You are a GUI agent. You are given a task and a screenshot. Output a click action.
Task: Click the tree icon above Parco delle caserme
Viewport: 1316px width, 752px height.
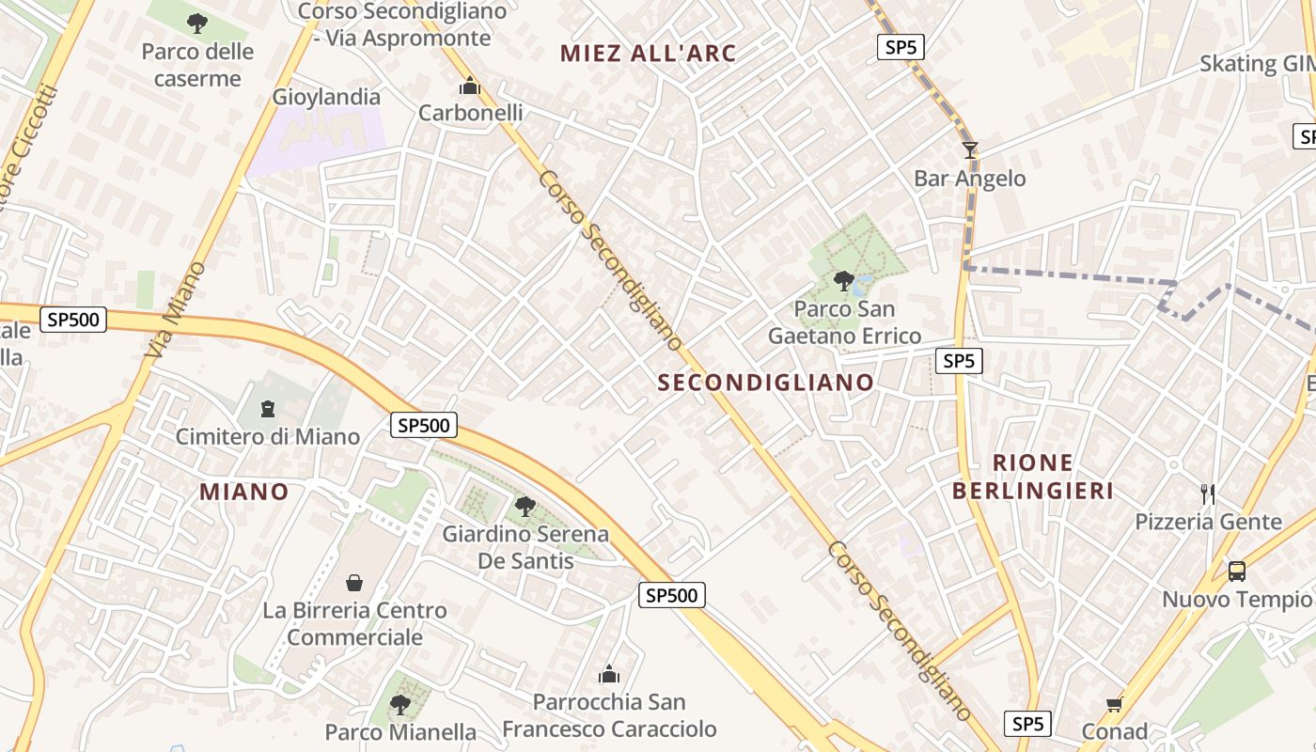point(196,23)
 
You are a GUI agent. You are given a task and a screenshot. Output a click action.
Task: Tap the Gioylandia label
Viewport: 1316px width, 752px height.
point(326,97)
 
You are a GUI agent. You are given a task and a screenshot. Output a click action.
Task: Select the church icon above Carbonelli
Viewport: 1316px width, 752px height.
point(469,87)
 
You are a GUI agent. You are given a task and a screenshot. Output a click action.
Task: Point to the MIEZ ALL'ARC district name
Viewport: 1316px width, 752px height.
point(649,54)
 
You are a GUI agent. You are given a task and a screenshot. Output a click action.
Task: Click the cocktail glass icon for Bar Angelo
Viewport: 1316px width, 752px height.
point(970,150)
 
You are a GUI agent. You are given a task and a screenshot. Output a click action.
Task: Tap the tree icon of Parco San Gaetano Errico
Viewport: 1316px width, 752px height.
point(844,280)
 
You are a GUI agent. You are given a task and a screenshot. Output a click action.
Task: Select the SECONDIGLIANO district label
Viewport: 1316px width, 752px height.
point(766,383)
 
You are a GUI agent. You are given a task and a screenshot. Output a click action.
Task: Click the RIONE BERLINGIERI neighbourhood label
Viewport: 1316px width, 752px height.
point(1033,477)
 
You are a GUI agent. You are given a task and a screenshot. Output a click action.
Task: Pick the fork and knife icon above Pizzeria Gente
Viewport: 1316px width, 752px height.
point(1208,493)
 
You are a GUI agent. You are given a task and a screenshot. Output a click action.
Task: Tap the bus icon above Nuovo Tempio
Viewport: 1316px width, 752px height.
point(1237,571)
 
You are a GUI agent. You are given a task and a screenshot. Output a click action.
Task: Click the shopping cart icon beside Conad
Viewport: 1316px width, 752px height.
point(1114,704)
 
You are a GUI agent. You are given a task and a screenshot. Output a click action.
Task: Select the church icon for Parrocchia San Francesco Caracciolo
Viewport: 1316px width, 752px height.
point(609,674)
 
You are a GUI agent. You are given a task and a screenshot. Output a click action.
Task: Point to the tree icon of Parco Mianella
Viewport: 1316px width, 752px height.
point(400,704)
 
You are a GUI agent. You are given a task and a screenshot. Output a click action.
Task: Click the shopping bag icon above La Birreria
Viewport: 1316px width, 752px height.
point(354,583)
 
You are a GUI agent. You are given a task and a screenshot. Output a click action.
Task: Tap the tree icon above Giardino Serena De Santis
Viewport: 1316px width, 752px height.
point(525,507)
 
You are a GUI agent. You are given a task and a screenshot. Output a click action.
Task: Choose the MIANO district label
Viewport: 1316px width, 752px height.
point(244,492)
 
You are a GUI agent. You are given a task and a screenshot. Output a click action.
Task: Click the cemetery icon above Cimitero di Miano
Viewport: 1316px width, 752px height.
point(268,409)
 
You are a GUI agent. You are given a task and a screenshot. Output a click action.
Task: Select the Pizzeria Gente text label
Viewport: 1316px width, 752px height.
point(1208,522)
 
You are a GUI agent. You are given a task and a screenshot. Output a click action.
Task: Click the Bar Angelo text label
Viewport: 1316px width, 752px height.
point(970,179)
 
